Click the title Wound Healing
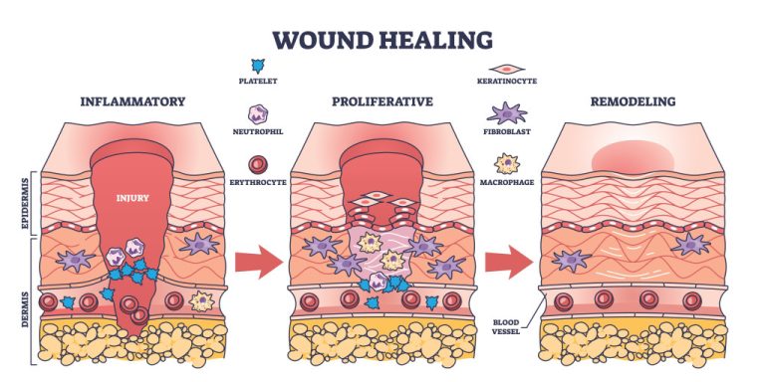point(383,41)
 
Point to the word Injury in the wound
point(131,198)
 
